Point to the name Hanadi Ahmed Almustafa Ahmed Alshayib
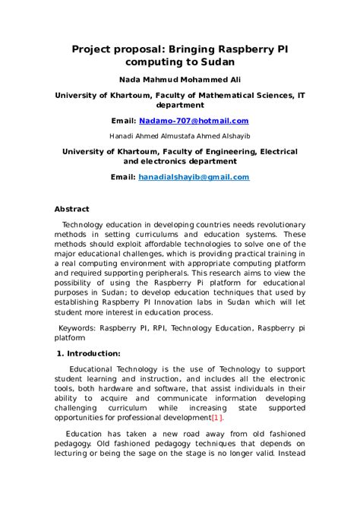point(179,136)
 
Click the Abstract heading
point(71,209)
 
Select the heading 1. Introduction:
point(89,353)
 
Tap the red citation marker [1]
point(217,418)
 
